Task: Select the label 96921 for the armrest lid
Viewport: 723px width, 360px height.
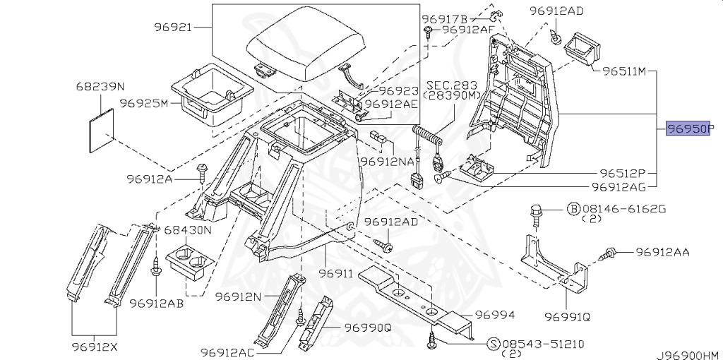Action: point(173,28)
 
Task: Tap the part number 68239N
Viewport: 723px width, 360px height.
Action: point(100,87)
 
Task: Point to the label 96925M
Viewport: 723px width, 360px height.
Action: point(143,103)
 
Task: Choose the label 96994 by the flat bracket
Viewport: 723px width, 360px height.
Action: point(494,315)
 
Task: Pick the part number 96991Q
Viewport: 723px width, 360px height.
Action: point(568,316)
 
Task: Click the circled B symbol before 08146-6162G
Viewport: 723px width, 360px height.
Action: point(573,209)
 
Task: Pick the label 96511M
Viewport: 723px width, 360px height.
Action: point(624,71)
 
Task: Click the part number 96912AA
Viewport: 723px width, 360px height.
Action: point(662,252)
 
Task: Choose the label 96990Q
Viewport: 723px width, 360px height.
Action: point(368,328)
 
